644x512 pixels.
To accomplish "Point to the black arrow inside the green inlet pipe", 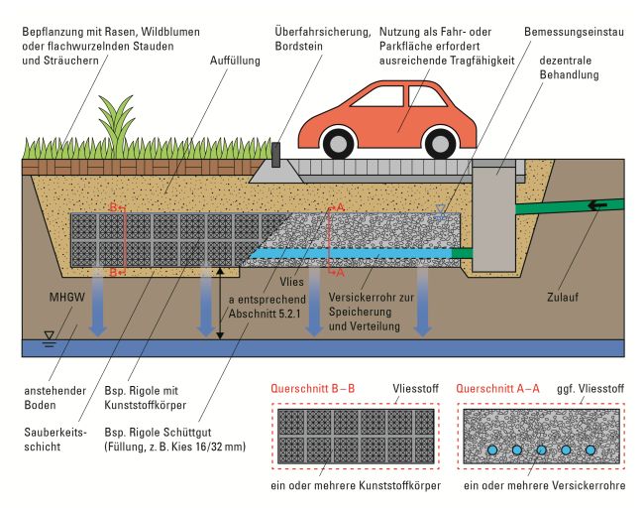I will tap(595, 206).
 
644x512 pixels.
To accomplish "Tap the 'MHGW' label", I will tap(51, 296).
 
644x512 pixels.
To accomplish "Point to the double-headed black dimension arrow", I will tap(221, 303).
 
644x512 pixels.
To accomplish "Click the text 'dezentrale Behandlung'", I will tap(574, 68).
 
